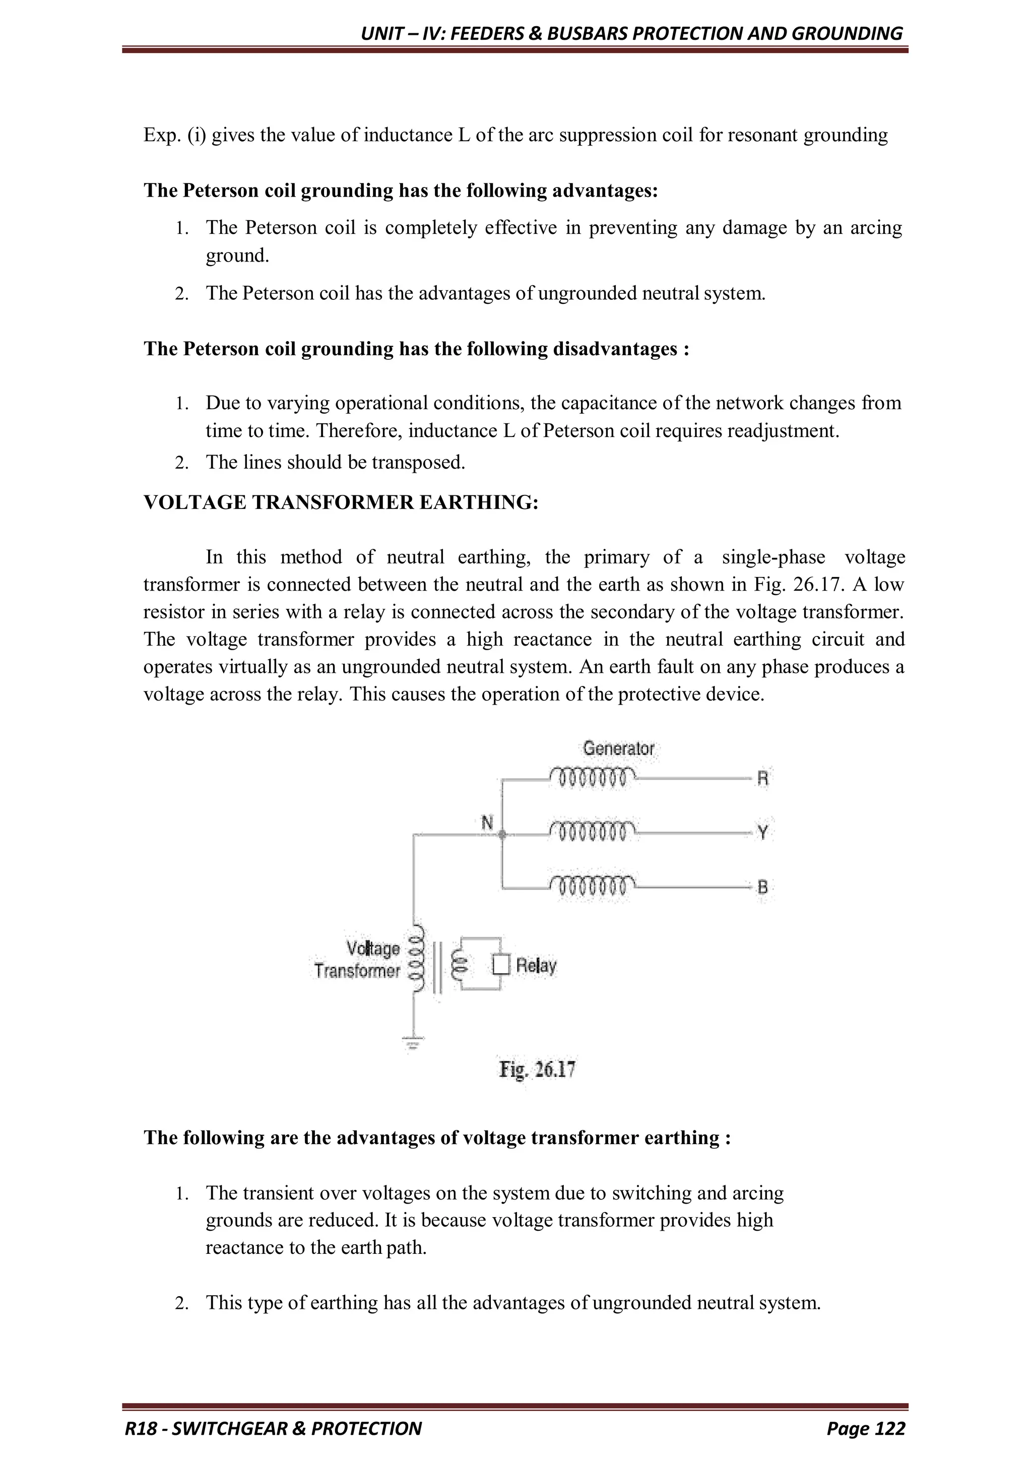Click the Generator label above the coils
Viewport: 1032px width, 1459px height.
pyautogui.click(x=618, y=748)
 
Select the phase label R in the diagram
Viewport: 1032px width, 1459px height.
pyautogui.click(x=762, y=779)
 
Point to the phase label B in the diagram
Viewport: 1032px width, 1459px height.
pyautogui.click(x=762, y=886)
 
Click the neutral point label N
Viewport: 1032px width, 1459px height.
pyautogui.click(x=487, y=823)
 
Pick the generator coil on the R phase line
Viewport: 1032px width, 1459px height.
pyautogui.click(x=592, y=777)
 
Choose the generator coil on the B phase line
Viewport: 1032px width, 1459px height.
pyautogui.click(x=592, y=885)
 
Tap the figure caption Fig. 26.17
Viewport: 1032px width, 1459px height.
pyautogui.click(x=537, y=1069)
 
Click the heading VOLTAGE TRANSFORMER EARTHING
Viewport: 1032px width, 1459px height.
pyautogui.click(x=341, y=502)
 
